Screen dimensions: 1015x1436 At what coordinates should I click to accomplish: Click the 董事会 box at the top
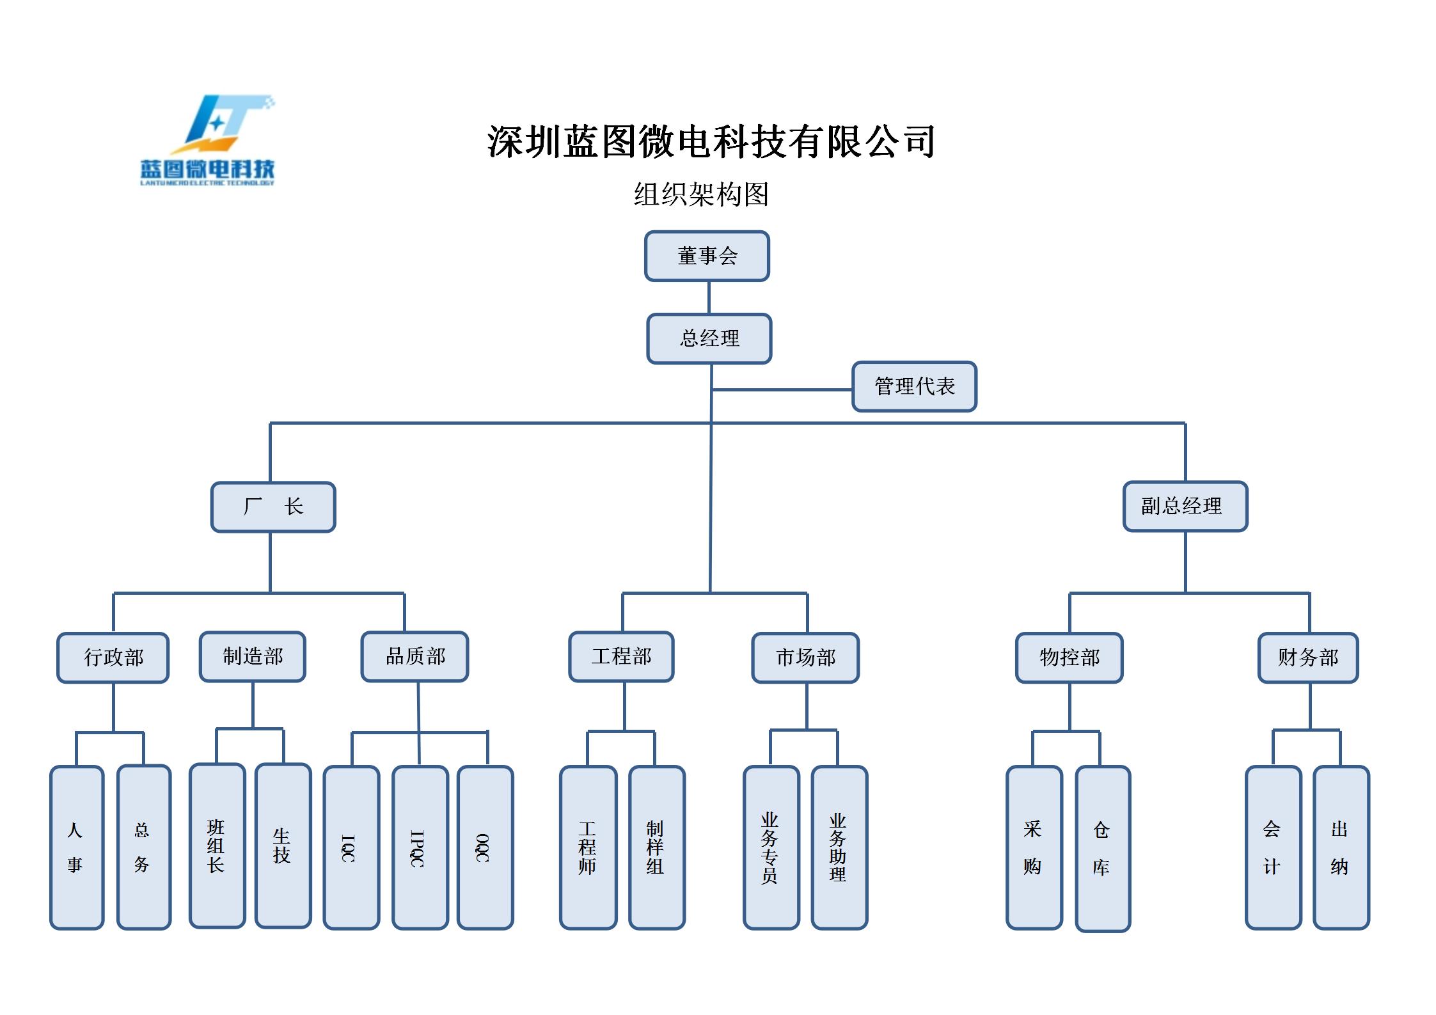click(707, 256)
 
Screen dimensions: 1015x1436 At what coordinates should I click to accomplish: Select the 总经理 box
click(709, 338)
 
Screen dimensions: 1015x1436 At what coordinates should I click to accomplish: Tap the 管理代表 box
click(914, 386)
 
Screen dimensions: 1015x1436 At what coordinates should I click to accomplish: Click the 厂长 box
click(273, 507)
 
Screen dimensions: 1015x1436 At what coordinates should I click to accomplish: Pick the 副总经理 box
click(1185, 507)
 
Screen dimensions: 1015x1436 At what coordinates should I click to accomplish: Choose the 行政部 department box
click(113, 657)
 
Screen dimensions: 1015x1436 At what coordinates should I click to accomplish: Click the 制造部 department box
click(253, 657)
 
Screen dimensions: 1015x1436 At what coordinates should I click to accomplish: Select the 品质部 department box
click(415, 657)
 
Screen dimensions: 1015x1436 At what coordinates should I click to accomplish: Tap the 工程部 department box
click(621, 657)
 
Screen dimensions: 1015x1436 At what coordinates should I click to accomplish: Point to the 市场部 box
click(805, 657)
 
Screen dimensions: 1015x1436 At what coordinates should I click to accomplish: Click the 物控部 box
click(1069, 657)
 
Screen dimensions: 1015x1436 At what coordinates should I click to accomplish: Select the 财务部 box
click(1308, 657)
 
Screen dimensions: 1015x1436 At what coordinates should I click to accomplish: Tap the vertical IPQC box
click(420, 847)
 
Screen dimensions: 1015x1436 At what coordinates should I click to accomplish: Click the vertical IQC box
click(351, 847)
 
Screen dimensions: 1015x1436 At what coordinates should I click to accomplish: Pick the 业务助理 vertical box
click(839, 847)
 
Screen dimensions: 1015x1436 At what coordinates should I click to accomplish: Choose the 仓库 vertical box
click(1103, 849)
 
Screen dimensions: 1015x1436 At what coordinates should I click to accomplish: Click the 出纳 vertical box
click(1341, 847)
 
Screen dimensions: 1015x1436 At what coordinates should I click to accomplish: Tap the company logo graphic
click(208, 141)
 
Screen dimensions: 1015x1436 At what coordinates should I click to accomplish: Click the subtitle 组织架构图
click(701, 194)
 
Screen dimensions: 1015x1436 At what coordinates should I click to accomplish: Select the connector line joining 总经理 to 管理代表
click(782, 389)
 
